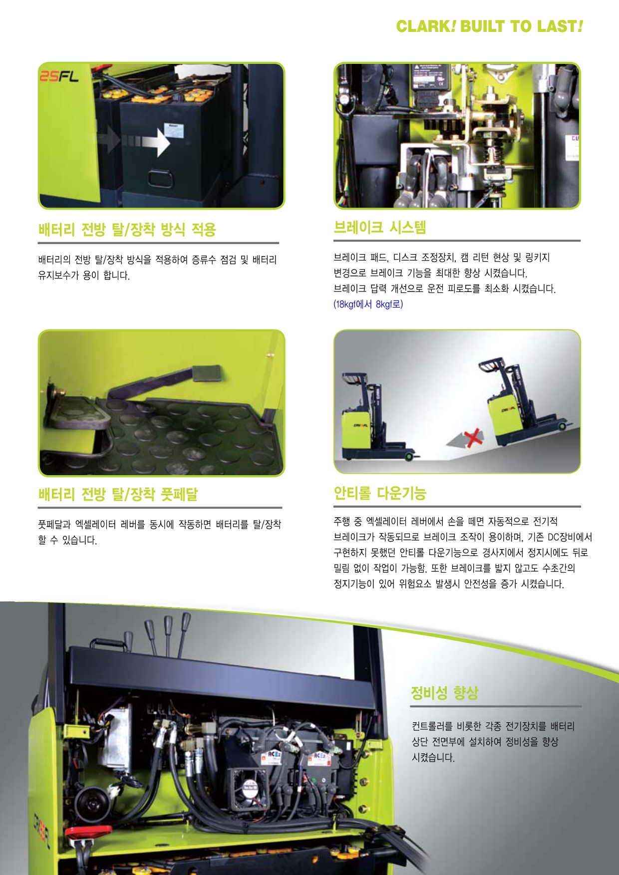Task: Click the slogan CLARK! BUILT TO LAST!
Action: (489, 26)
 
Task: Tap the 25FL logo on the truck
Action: (59, 76)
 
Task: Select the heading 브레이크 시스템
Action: (380, 228)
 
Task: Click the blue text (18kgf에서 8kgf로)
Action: (368, 304)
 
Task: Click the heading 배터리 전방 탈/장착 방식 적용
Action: (127, 230)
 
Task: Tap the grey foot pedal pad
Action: (205, 373)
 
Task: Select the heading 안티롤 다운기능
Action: (380, 493)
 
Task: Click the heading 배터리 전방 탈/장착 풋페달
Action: (118, 495)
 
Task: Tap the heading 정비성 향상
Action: (444, 693)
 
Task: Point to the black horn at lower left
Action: (93, 803)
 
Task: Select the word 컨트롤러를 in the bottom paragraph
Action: (432, 726)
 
